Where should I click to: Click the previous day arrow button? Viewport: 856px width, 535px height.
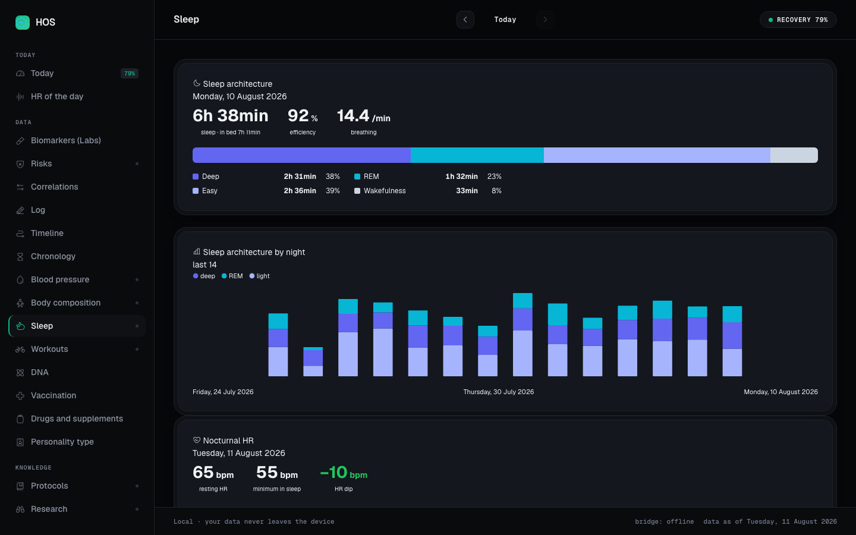click(465, 20)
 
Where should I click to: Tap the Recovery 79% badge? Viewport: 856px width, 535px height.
click(798, 20)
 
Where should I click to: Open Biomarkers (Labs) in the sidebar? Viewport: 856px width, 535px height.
click(66, 140)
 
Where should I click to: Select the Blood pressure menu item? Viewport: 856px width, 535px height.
click(60, 279)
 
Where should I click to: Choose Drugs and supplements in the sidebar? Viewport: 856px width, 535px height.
click(77, 418)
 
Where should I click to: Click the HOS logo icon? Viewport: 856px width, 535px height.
click(23, 22)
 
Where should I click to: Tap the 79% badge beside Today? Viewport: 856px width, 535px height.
click(130, 73)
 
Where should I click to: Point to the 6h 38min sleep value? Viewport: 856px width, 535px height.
click(231, 116)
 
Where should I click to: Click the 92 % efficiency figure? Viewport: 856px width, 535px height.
click(302, 116)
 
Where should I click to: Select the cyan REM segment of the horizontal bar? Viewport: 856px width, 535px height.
click(477, 155)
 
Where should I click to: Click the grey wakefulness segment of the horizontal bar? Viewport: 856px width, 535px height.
click(794, 155)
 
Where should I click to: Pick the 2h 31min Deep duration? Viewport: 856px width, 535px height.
click(300, 176)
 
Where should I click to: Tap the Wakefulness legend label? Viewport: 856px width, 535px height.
click(385, 191)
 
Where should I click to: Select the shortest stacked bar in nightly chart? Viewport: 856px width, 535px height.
click(313, 361)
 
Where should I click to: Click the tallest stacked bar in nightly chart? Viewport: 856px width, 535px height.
click(523, 335)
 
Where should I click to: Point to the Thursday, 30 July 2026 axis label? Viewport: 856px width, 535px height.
click(498, 392)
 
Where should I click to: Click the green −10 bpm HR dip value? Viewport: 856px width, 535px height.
click(344, 473)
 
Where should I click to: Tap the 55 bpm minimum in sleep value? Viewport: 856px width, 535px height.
click(276, 473)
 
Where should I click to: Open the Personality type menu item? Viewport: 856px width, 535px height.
click(62, 442)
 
